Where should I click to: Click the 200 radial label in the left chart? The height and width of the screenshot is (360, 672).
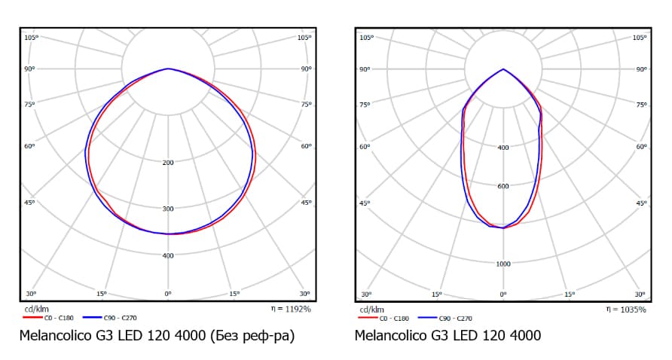(x=168, y=162)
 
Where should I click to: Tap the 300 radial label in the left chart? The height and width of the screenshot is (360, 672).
(x=168, y=209)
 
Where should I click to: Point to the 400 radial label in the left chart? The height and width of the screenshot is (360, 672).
(x=168, y=255)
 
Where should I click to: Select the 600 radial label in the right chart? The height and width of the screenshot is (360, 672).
(x=503, y=186)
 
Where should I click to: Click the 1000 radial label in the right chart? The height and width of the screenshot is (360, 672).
(x=503, y=264)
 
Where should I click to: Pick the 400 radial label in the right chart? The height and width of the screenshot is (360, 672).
(x=503, y=147)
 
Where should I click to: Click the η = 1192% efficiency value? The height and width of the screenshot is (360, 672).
(x=291, y=309)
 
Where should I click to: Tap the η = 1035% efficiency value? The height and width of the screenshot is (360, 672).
(x=626, y=309)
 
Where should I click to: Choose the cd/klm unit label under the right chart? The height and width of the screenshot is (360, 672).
(x=372, y=309)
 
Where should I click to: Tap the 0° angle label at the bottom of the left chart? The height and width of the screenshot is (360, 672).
(x=168, y=294)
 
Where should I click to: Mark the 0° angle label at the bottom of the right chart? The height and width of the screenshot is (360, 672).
(x=503, y=294)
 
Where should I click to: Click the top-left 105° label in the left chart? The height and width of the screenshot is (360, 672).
(x=31, y=37)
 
